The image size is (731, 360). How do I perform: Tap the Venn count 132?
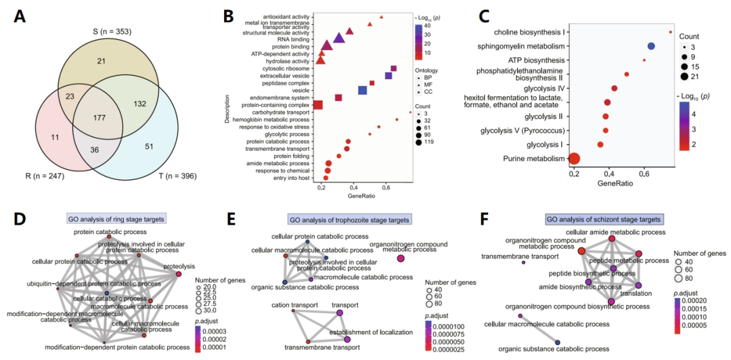coord(140,104)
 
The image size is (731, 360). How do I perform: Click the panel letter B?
coord(229,15)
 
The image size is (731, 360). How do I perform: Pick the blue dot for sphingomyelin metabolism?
coord(651,46)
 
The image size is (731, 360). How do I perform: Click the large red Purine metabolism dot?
coord(575,159)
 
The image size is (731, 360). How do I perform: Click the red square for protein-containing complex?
coord(317,104)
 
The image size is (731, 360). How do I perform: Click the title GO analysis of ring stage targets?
coord(116,219)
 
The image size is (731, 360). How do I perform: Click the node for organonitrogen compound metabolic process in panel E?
coord(401,258)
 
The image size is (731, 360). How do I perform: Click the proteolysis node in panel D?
coord(179,275)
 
